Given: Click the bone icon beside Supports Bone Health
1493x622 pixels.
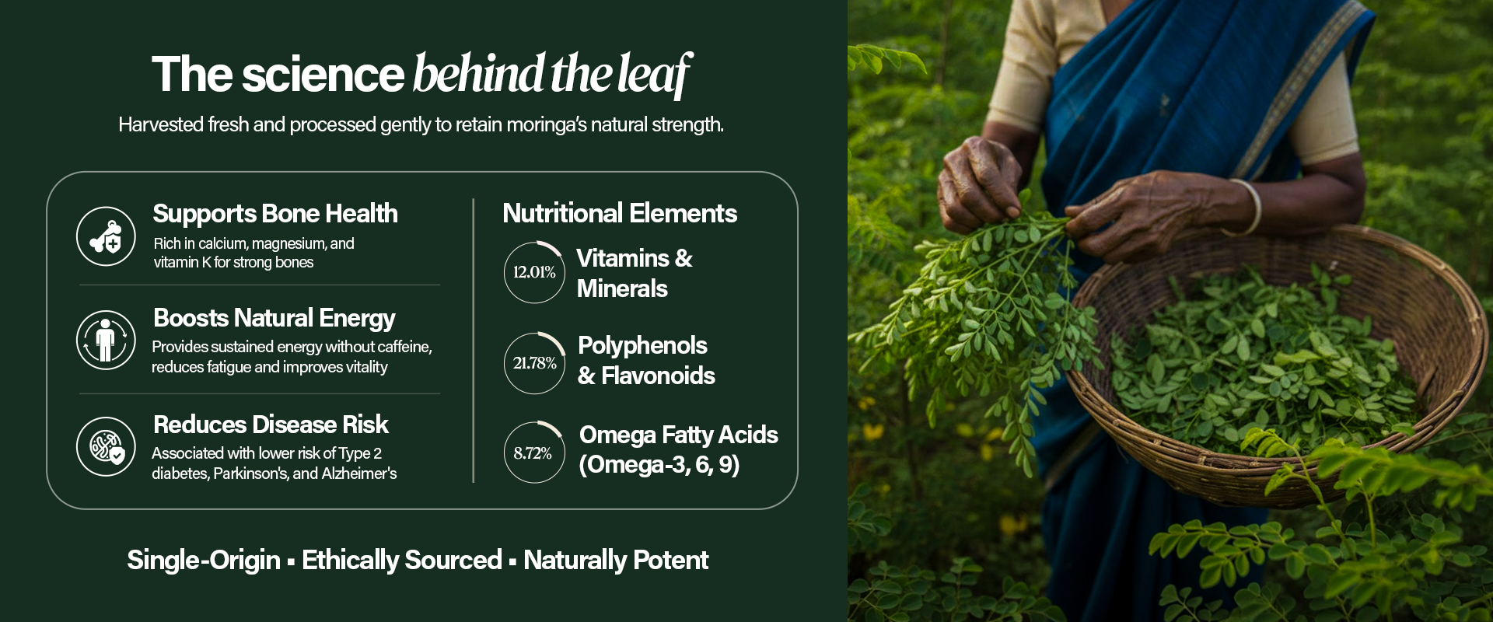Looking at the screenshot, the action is click(106, 236).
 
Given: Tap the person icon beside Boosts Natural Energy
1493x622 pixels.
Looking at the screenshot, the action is click(106, 340).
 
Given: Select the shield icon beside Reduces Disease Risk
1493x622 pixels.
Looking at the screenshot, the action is click(106, 446).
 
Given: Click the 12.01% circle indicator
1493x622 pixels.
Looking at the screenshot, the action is click(534, 272).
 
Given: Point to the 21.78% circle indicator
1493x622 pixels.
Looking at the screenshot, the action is click(534, 363).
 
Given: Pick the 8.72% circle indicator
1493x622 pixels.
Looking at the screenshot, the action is click(534, 453).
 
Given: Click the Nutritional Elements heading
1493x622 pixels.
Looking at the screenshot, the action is click(620, 213).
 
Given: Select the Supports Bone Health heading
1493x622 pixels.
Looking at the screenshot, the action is click(275, 214).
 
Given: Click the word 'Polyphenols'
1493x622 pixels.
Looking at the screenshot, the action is click(642, 345).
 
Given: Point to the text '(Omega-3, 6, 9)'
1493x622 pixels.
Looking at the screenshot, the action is click(659, 464).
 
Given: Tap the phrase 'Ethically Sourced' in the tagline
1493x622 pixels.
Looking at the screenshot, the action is click(402, 560).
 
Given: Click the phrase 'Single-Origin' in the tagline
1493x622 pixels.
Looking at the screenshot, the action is click(204, 560).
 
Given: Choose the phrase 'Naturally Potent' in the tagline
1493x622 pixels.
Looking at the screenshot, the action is click(616, 560).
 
